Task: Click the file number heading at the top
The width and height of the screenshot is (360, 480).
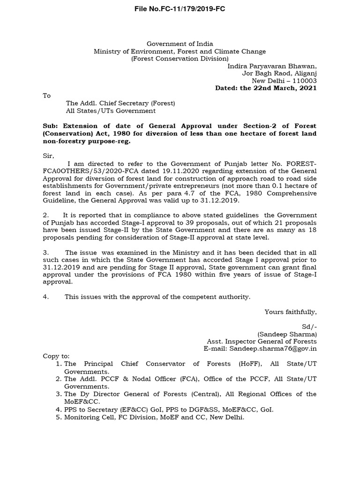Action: point(180,9)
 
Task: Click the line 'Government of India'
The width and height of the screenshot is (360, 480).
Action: point(180,44)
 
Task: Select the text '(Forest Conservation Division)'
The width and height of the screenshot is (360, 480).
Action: point(180,59)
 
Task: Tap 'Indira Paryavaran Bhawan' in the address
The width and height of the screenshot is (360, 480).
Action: point(272,66)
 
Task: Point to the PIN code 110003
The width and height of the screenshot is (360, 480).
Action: point(302,81)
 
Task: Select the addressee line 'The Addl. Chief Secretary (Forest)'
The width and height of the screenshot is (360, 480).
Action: point(120,103)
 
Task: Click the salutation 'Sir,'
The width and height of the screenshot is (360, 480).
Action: point(49,155)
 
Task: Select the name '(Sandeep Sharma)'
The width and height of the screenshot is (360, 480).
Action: point(287,334)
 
